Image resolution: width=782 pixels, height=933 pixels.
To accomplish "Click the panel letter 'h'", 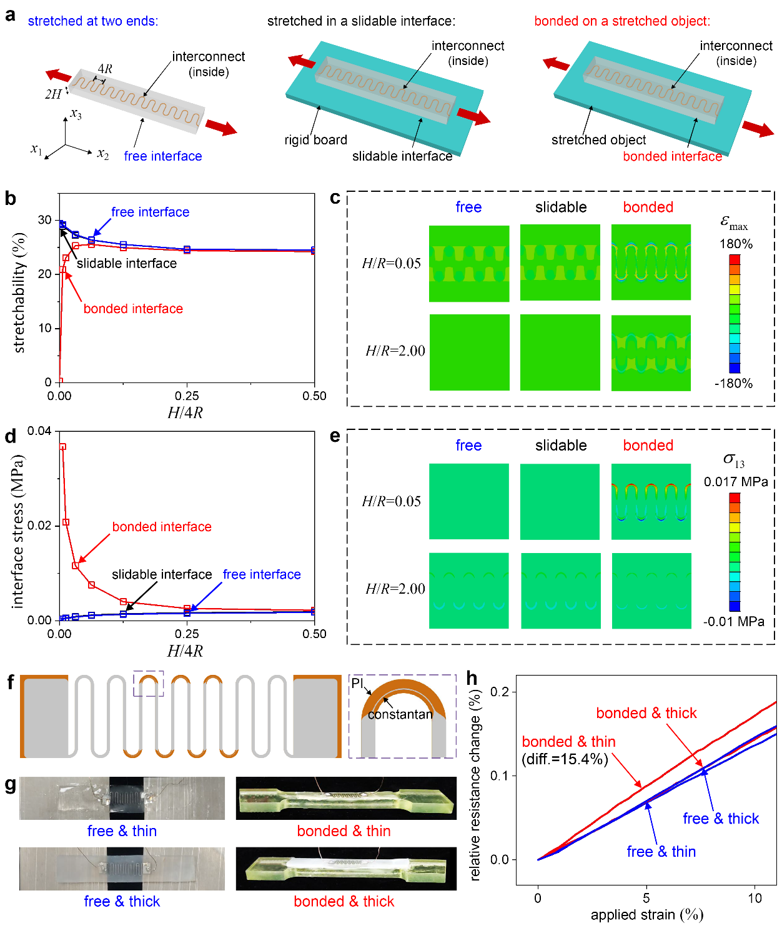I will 472,679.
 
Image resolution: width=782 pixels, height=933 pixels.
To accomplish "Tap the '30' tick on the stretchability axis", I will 44,220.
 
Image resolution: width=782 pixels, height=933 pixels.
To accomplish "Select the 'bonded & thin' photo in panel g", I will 346,798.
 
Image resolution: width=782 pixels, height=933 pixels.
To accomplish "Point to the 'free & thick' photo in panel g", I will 122,869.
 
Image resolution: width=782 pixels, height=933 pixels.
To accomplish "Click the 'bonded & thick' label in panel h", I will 646,713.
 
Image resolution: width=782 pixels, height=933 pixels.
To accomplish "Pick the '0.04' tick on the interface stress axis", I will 39,431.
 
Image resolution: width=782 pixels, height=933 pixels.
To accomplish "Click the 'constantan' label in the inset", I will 400,714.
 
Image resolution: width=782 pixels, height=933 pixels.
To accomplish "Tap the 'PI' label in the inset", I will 357,683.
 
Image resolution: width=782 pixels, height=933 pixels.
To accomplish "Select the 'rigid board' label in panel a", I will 315,140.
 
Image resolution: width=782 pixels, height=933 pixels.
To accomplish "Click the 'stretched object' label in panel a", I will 598,140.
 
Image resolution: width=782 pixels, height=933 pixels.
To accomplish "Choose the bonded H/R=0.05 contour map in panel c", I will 651,262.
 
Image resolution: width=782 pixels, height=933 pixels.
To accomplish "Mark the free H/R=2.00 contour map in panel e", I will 468,591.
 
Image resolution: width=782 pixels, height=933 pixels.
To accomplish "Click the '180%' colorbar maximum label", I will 736,244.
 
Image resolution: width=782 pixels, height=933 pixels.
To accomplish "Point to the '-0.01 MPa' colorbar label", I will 733,621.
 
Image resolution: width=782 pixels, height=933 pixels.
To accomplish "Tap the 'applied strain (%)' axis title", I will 646,915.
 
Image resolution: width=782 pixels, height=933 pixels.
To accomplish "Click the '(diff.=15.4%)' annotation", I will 565,759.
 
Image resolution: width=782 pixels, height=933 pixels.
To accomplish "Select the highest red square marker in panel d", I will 62,447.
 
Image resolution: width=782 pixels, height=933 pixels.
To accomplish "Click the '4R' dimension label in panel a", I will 105,69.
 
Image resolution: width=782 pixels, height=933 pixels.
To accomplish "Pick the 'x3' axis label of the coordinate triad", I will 76,114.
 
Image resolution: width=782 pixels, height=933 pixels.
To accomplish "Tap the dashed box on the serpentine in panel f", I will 149,683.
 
